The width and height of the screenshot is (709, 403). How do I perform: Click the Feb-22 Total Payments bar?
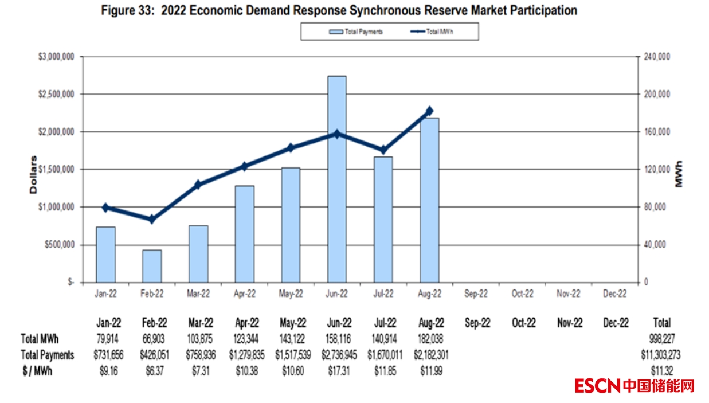click(152, 266)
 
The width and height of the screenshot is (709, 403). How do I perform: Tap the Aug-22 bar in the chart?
click(429, 200)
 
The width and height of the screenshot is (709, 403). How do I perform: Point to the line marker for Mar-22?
click(198, 185)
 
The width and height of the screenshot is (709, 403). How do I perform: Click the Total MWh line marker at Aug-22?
click(429, 111)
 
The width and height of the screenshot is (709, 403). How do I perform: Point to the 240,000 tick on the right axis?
click(657, 57)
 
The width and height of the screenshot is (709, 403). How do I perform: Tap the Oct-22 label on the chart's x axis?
click(522, 294)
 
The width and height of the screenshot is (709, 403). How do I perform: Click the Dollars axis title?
click(33, 174)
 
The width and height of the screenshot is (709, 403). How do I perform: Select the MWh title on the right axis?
click(679, 174)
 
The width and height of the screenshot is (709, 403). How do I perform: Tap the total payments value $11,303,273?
click(660, 355)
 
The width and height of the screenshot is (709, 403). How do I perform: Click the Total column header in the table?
click(661, 323)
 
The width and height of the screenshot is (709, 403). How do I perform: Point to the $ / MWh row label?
click(36, 371)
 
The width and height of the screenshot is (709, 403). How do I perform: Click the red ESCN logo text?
click(598, 386)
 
